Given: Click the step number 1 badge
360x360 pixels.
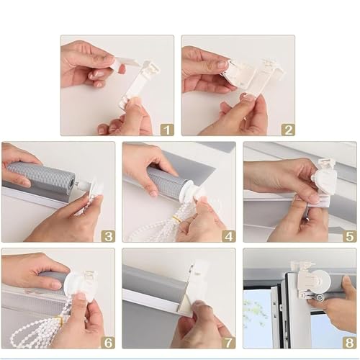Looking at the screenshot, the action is pyautogui.click(x=166, y=130).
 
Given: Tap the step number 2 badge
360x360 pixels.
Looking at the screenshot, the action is pyautogui.click(x=288, y=130).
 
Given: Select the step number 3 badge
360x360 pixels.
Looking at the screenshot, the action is pyautogui.click(x=108, y=236).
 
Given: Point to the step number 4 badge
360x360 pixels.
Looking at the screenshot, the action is pyautogui.click(x=229, y=236).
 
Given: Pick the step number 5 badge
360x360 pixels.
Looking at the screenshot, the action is pyautogui.click(x=350, y=236).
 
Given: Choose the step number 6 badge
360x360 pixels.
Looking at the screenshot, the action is pyautogui.click(x=108, y=343).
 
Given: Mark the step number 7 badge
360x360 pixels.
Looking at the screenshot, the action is pyautogui.click(x=229, y=343).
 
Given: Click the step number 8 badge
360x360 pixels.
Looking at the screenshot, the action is pyautogui.click(x=350, y=343).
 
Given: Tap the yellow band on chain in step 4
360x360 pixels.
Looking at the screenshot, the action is pyautogui.click(x=176, y=218).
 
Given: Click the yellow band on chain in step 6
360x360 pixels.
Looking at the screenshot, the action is pyautogui.click(x=60, y=320).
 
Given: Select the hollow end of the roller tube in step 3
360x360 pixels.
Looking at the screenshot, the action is pyautogui.click(x=71, y=182).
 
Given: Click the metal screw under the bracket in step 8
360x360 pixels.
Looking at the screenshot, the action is pyautogui.click(x=320, y=298).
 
